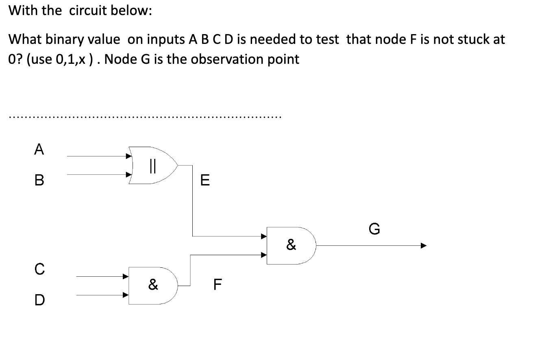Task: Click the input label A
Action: coord(39,150)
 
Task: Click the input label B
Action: coord(39,180)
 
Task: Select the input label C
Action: coord(38,269)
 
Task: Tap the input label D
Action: coord(38,300)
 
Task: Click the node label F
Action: coord(218,284)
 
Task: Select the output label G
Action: coord(374,229)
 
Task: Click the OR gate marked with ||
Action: coord(153,165)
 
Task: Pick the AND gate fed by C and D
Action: coord(153,286)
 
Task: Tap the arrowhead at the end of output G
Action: coord(423,245)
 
